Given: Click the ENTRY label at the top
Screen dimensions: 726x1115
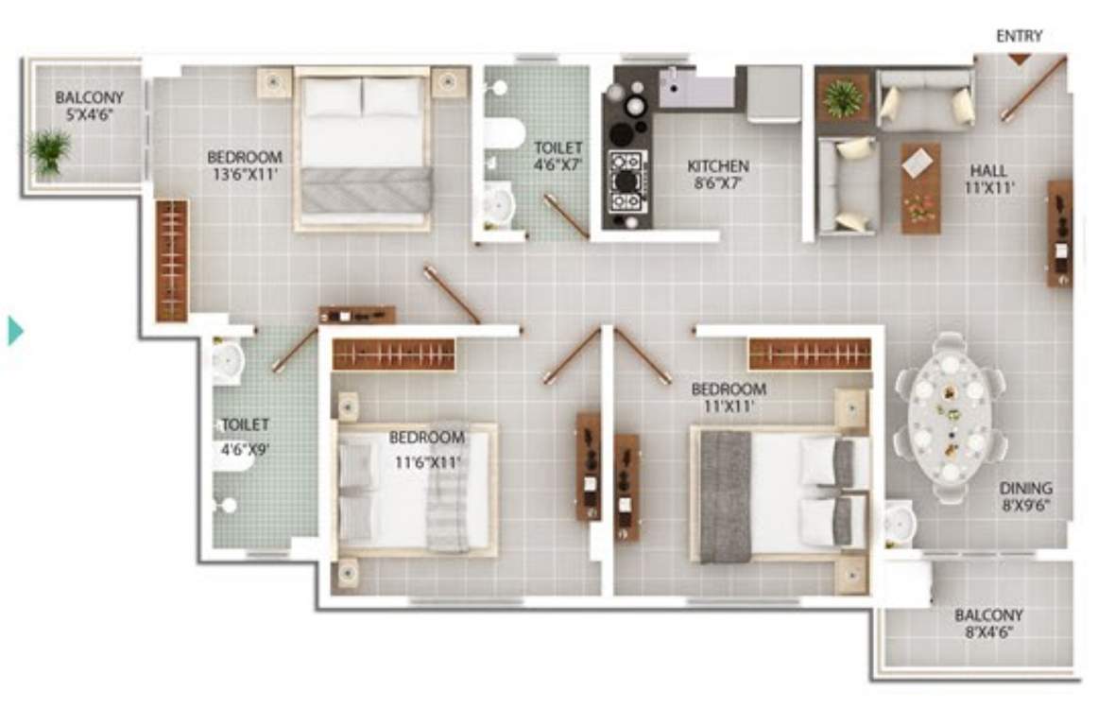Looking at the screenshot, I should [1019, 37].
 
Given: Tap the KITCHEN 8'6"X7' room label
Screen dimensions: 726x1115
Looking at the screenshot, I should [717, 175].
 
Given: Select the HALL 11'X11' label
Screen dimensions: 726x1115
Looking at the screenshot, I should [991, 179].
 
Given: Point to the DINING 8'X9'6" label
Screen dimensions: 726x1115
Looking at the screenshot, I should [1025, 496].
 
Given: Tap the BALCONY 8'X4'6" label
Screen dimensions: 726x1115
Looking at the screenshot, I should [988, 623].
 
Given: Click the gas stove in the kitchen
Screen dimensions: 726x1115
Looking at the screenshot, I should [625, 180].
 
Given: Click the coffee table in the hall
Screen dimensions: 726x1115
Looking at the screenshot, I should [920, 187].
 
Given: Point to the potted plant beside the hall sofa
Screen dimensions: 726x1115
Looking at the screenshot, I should [842, 97].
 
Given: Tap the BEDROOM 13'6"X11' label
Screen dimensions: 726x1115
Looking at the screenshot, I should [245, 165].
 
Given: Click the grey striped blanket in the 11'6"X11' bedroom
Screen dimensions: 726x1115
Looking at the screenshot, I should [447, 492].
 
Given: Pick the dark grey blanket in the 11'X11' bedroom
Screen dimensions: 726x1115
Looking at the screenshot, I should [726, 495].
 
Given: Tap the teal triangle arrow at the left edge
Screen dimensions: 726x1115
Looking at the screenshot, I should [15, 330].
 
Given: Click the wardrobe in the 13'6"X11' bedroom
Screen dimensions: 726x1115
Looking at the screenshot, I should [172, 260].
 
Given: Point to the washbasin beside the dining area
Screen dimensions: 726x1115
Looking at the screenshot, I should [900, 524].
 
